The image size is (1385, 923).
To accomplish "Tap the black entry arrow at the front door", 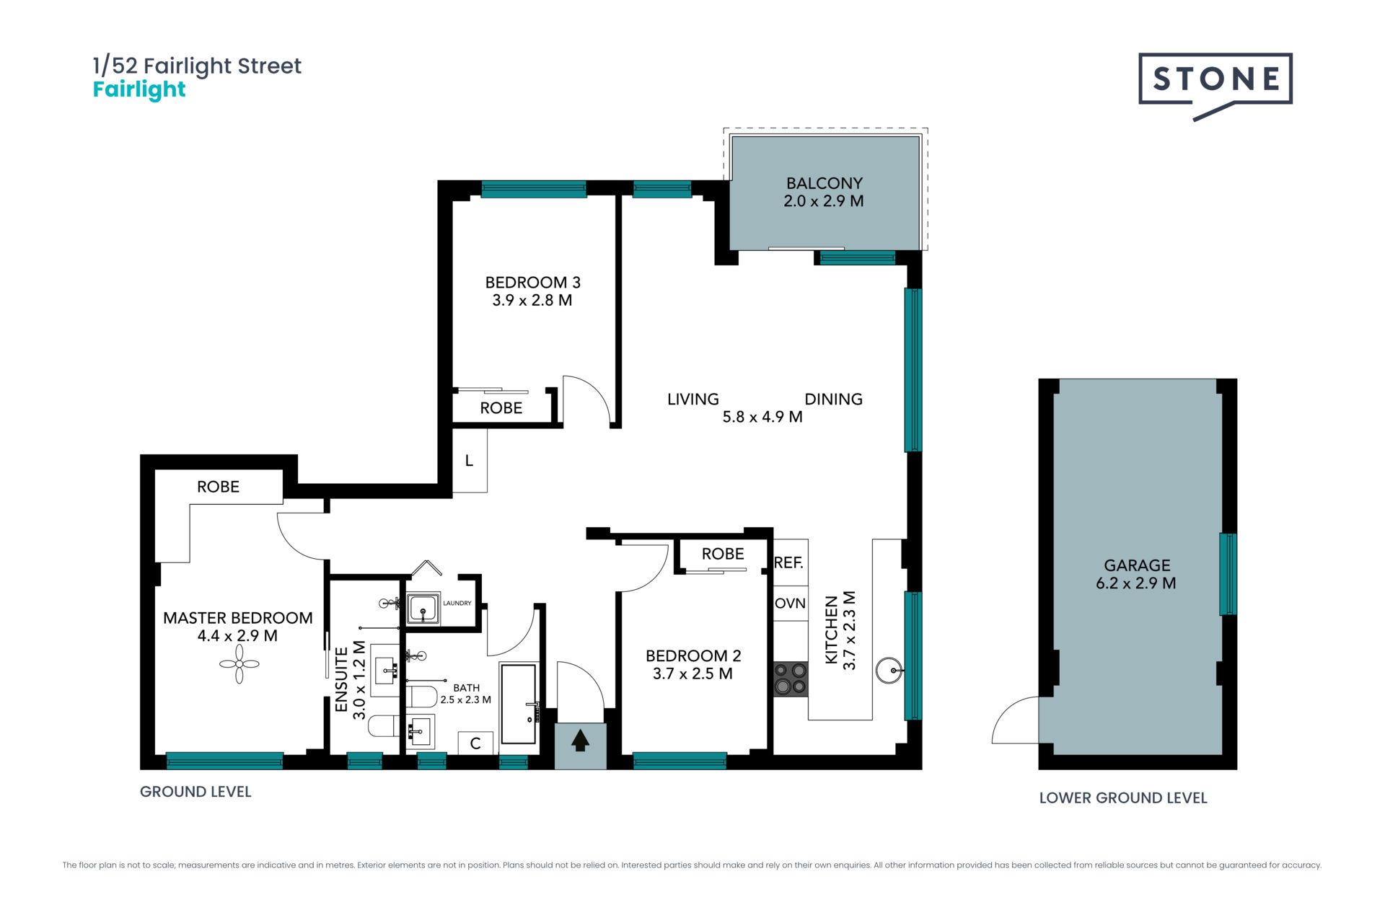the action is (x=580, y=741).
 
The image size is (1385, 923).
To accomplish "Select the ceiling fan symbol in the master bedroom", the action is (x=239, y=663).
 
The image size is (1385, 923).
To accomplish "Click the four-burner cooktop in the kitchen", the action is (x=790, y=679).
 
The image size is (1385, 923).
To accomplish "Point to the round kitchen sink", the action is (x=889, y=670).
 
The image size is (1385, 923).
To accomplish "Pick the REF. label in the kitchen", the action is (x=788, y=562).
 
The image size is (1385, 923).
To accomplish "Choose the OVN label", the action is (x=790, y=603).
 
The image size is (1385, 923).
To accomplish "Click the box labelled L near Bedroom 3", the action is (x=470, y=461).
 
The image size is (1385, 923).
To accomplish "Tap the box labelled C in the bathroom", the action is (x=475, y=743).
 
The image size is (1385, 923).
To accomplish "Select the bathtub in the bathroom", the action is (x=519, y=704).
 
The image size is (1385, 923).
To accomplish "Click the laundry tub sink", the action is (x=422, y=609).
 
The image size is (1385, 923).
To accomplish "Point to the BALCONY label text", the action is (x=824, y=183).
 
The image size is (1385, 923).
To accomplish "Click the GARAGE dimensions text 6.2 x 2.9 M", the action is (x=1136, y=583).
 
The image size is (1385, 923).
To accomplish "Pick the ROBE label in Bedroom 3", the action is (x=501, y=408).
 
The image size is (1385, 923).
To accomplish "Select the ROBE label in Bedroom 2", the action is (x=723, y=554).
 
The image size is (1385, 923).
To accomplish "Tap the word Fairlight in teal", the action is (x=139, y=90).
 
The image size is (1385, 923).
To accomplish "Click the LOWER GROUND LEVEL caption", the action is (x=1123, y=798).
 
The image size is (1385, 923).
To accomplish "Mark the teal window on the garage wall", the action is (x=1228, y=574).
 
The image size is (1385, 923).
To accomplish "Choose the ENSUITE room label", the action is (x=342, y=680).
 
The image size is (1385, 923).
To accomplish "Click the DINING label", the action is (x=833, y=399).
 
